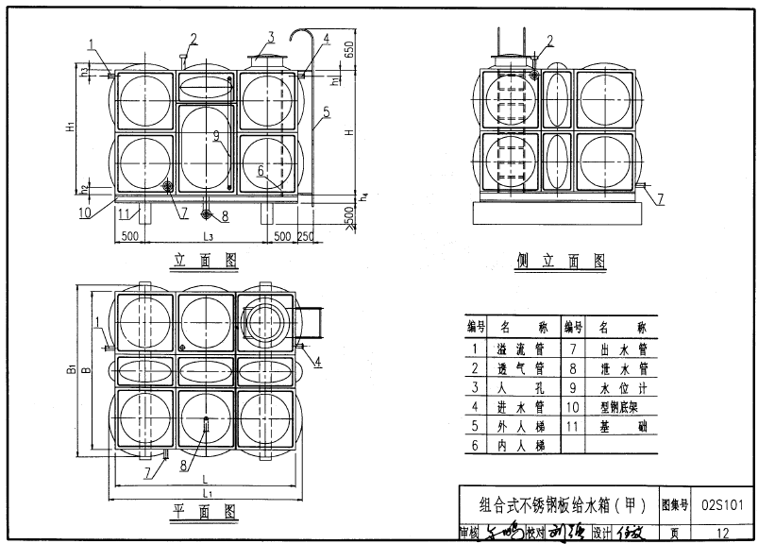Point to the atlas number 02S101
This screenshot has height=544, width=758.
point(723,504)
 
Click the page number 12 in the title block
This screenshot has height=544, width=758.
point(722,533)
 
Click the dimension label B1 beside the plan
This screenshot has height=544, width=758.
point(71,371)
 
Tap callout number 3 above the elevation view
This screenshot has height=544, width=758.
point(270,37)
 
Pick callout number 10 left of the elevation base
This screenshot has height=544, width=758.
point(85,212)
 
